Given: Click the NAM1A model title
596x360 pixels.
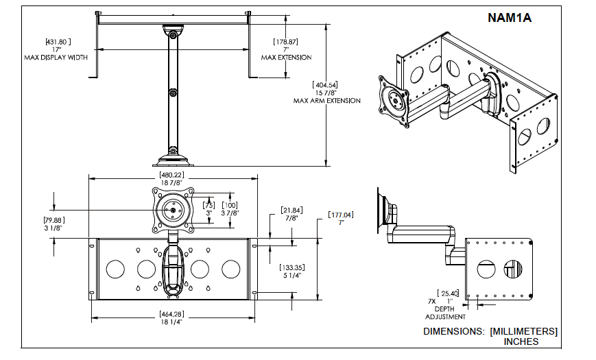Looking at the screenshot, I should [x=509, y=19].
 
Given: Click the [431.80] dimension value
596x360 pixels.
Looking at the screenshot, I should [x=58, y=42].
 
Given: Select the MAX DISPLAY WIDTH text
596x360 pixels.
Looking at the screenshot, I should [x=58, y=58].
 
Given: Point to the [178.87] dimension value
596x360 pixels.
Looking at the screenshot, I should [x=285, y=42].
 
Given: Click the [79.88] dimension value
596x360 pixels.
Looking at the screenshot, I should [x=53, y=220].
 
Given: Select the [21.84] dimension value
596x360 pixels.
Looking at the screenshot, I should [x=291, y=210].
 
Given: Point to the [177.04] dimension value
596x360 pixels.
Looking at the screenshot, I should [x=340, y=215].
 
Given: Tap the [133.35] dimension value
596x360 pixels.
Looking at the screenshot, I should [x=293, y=267].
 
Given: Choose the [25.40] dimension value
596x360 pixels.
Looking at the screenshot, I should [x=450, y=293].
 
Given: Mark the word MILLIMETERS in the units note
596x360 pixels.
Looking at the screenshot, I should [x=524, y=331].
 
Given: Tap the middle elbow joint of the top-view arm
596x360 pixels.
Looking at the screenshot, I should [x=173, y=93].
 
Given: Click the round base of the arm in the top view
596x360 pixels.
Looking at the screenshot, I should [x=172, y=159].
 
